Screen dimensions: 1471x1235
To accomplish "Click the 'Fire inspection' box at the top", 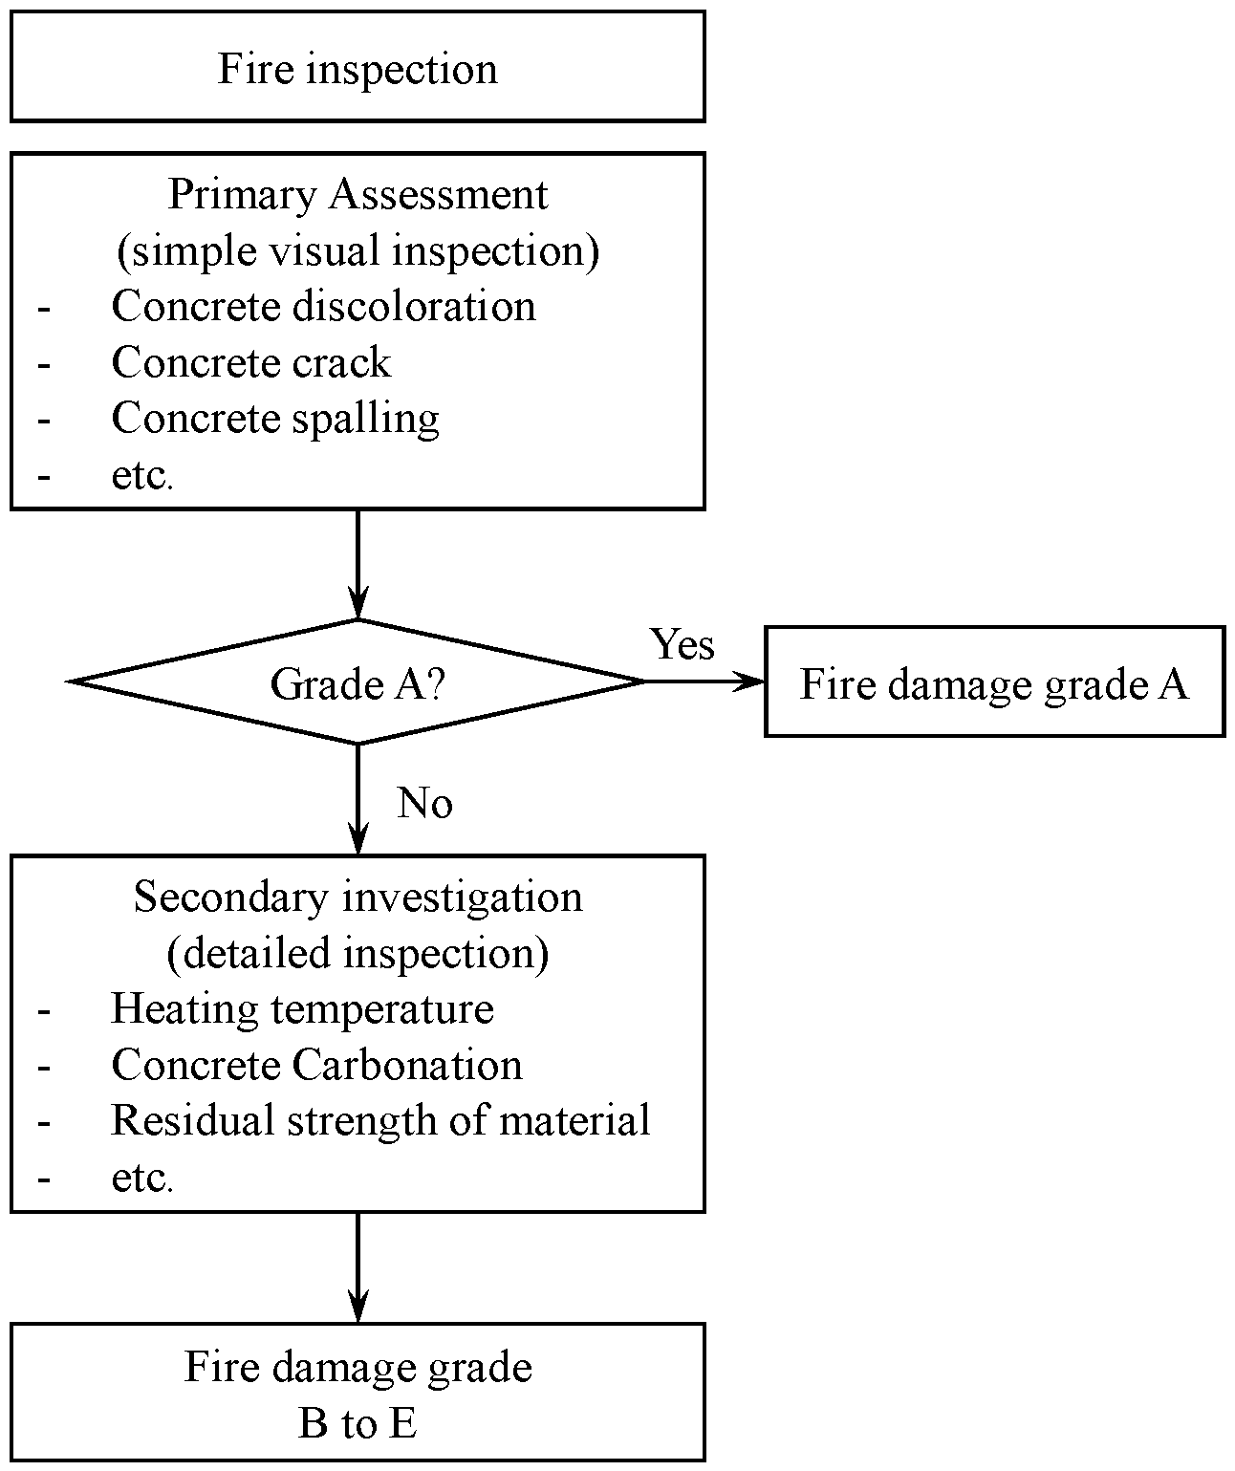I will [x=357, y=67].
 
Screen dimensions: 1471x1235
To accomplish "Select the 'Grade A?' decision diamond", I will [x=357, y=682].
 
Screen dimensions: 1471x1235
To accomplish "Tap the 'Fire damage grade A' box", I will [x=994, y=682].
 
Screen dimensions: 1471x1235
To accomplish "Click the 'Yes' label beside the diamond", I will [x=682, y=644].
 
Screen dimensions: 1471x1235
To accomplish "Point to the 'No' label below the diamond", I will [x=424, y=803].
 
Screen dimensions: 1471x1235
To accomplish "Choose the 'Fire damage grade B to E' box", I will [x=357, y=1393].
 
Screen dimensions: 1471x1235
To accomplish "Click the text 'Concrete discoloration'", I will [x=323, y=307].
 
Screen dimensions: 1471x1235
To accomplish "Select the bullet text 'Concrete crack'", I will [x=250, y=362].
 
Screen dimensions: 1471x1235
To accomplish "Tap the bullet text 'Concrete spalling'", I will [x=275, y=419].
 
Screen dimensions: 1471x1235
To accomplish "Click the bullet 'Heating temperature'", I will [x=302, y=1009].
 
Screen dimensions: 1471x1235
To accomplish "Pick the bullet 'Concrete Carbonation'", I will [x=316, y=1065].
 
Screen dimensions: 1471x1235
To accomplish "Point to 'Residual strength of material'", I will [x=380, y=1120].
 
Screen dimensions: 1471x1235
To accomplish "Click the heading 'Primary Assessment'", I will [x=357, y=195].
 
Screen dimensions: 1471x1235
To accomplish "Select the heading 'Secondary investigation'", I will [x=357, y=898].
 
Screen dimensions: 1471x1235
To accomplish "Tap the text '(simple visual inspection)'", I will [x=357, y=250].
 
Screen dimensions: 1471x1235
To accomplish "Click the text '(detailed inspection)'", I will [x=357, y=953].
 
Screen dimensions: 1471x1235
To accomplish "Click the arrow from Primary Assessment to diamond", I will [x=357, y=564].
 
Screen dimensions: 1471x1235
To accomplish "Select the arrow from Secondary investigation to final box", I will [x=357, y=1267].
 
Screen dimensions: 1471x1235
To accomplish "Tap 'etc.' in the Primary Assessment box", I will [x=141, y=475].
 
